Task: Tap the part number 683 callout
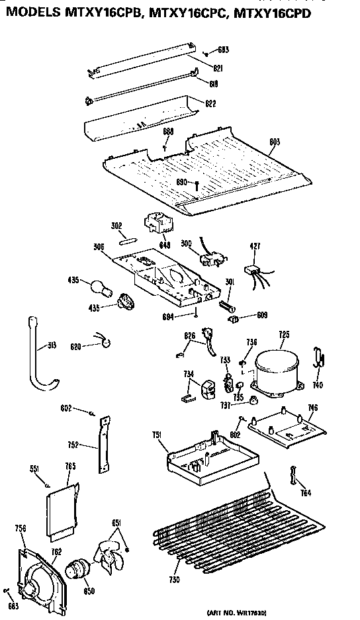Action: point(224,50)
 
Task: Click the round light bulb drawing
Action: point(97,287)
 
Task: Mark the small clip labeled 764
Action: point(291,475)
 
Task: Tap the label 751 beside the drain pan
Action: point(156,435)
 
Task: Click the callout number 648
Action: point(165,245)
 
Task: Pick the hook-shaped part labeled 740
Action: point(320,359)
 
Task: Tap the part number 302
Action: point(116,226)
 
